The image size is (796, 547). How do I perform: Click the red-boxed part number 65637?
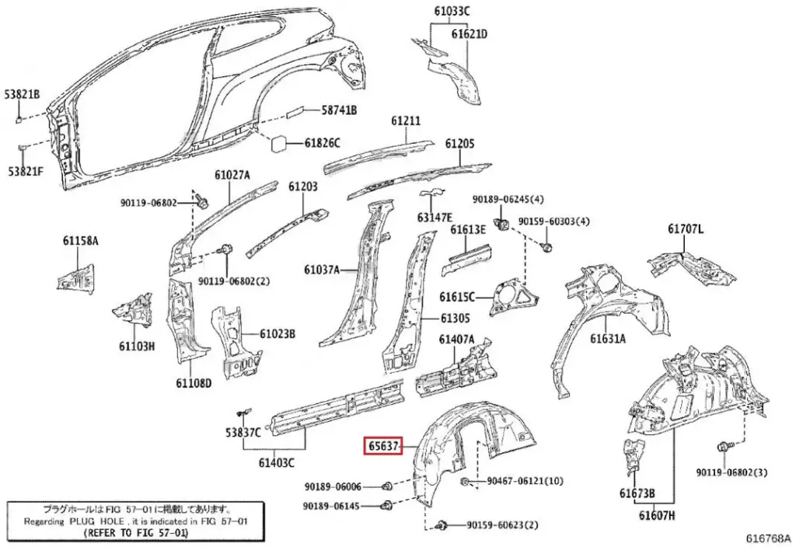tap(383, 447)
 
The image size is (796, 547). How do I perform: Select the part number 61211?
tap(406, 121)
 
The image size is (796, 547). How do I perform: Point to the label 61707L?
tap(686, 229)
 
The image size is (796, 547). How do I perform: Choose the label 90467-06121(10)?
tap(525, 482)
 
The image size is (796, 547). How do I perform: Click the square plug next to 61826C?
tap(278, 144)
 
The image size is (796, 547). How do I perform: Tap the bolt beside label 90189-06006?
tap(386, 486)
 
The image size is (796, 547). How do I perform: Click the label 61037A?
tap(323, 270)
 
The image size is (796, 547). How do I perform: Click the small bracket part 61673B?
tap(634, 454)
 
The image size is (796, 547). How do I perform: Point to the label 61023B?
tap(277, 334)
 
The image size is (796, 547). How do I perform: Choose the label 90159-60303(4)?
tap(554, 221)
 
